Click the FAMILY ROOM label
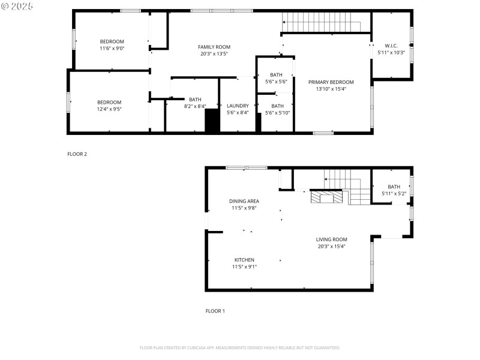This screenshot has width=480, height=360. pos(214,47)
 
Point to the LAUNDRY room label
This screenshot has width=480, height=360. pos(238,106)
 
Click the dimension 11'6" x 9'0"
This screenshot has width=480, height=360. pos(112,48)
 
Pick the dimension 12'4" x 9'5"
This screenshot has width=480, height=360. pos(109,109)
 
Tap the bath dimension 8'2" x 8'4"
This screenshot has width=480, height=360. pos(195,106)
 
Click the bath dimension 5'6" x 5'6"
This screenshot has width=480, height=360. pos(276,82)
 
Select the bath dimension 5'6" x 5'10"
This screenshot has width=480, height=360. pos(276,112)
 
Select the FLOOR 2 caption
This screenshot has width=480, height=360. pos(77,154)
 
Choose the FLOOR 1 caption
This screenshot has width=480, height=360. pos(215,311)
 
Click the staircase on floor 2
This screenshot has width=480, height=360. pos(322,24)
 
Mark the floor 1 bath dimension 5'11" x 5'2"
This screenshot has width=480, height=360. pos(394,193)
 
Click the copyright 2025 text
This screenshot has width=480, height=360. pos(17,5)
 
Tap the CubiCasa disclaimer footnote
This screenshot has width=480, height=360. pos(240,347)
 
